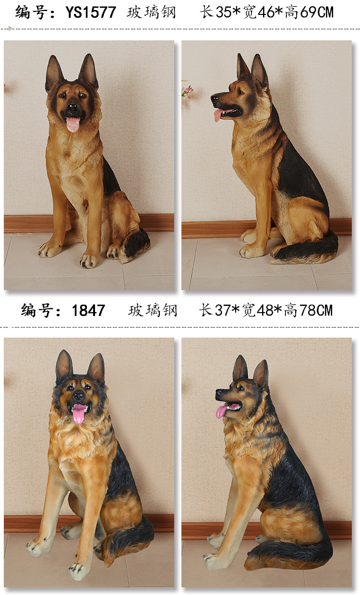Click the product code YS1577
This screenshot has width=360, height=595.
tap(91, 12)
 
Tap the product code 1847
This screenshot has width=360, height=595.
tap(88, 311)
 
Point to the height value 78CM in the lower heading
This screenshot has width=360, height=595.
tap(315, 311)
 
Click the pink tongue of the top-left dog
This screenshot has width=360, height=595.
tap(73, 124)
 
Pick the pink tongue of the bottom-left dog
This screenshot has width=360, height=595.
tap(79, 413)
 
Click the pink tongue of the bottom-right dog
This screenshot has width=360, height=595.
tap(222, 412)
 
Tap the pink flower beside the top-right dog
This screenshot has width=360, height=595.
tap(187, 91)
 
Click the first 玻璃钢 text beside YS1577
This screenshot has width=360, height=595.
tap(151, 12)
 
